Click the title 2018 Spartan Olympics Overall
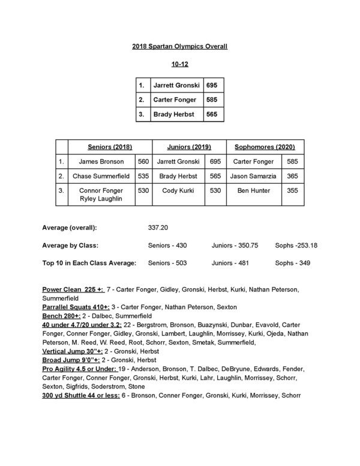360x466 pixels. [180, 46]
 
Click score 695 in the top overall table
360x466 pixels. [211, 86]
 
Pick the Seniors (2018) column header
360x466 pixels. [110, 147]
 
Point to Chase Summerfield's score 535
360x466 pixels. [143, 176]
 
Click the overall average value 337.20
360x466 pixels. [157, 229]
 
